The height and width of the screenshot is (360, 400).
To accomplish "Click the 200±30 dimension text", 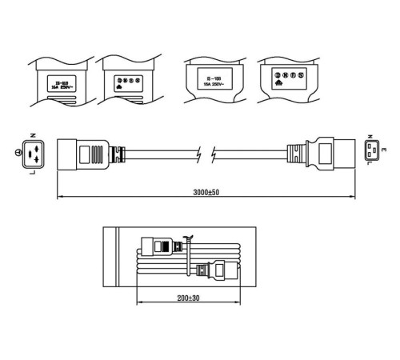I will point(189,298).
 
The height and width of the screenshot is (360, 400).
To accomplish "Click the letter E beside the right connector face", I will point(385,150).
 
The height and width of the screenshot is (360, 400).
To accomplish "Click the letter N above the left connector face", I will point(31,135).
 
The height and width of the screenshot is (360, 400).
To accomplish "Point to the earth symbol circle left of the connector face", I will point(17,152).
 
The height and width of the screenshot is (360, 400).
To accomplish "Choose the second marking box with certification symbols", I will point(126,82).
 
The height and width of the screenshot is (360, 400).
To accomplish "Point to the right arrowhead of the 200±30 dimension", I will point(238,302).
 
